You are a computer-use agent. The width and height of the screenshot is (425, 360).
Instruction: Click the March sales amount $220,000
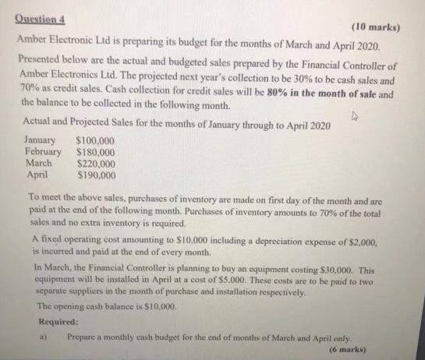96,164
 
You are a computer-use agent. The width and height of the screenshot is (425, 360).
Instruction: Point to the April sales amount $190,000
96,175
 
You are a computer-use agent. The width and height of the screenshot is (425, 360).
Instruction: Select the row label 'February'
43,152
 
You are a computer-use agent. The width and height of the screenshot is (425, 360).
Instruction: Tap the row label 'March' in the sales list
39,164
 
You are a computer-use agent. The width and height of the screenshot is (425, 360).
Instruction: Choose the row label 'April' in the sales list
37,175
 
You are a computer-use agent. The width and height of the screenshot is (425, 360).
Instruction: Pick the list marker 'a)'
41,338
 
